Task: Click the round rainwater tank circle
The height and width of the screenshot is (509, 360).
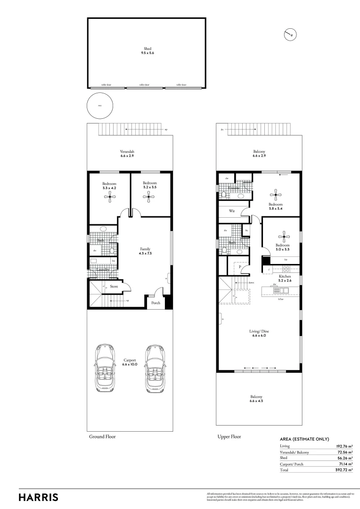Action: coord(99,106)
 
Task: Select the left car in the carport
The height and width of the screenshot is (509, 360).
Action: coord(106,368)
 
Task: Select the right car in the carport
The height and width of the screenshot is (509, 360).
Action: coord(155,368)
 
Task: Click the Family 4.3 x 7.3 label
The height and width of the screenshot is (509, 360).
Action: coord(145,251)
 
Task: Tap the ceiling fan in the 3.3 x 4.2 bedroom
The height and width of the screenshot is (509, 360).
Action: coord(109,198)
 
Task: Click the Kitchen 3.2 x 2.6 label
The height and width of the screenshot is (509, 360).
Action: coord(285,279)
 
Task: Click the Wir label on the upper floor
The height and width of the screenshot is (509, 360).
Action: coord(232,211)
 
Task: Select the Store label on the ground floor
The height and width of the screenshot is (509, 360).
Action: coord(114,286)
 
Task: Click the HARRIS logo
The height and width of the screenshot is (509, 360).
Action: coord(39,497)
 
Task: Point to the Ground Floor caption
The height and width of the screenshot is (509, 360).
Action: coord(102,436)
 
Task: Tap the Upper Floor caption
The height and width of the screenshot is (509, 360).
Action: coord(229,436)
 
